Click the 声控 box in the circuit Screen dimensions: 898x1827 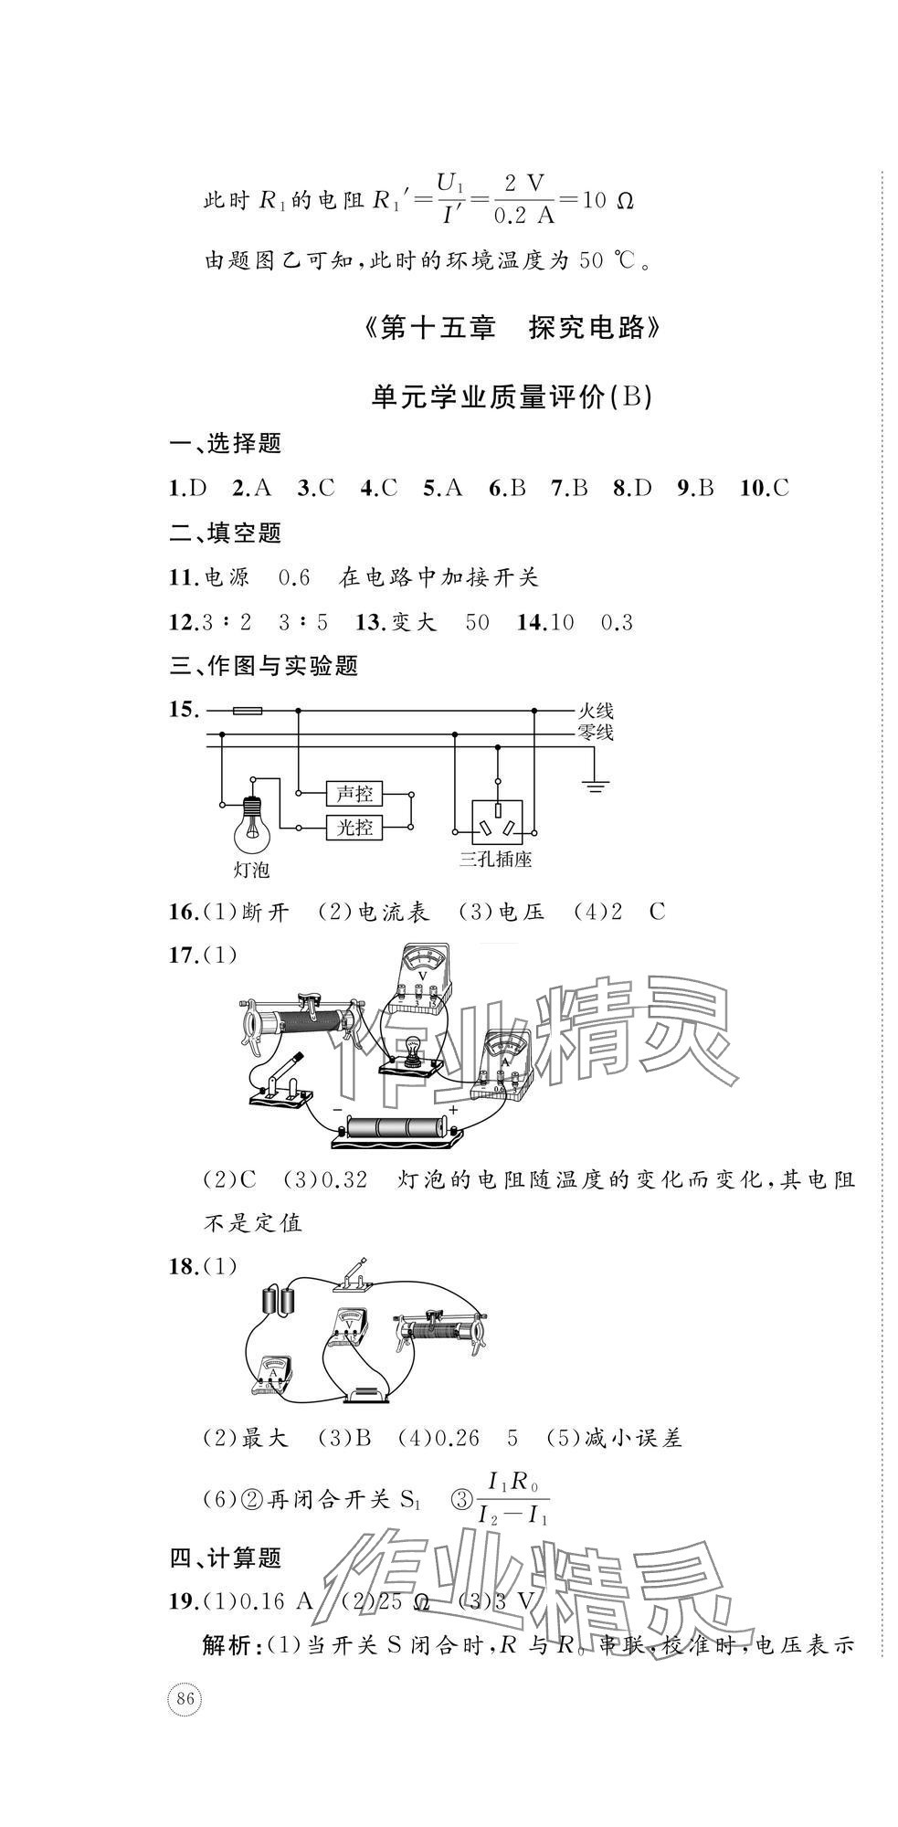pyautogui.click(x=355, y=793)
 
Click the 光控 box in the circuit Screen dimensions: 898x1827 pyautogui.click(x=355, y=828)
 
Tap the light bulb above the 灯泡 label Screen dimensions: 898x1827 pyautogui.click(x=252, y=823)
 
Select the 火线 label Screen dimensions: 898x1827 pyautogui.click(x=596, y=709)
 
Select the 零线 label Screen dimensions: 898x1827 pyautogui.click(x=596, y=731)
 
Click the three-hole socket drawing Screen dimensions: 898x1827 pyautogui.click(x=499, y=819)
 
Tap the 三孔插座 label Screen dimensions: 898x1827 pyautogui.click(x=496, y=859)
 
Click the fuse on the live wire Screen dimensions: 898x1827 pyautogui.click(x=248, y=710)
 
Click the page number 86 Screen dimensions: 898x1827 pyautogui.click(x=185, y=1699)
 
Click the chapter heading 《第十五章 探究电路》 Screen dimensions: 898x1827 pyautogui.click(x=512, y=328)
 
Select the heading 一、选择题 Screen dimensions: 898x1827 pyautogui.click(x=226, y=444)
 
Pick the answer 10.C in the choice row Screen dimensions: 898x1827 pyautogui.click(x=765, y=488)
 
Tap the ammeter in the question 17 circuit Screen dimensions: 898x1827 pyautogui.click(x=503, y=1060)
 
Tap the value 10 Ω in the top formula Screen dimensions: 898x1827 pyautogui.click(x=607, y=199)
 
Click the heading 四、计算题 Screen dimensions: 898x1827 pyautogui.click(x=226, y=1558)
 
